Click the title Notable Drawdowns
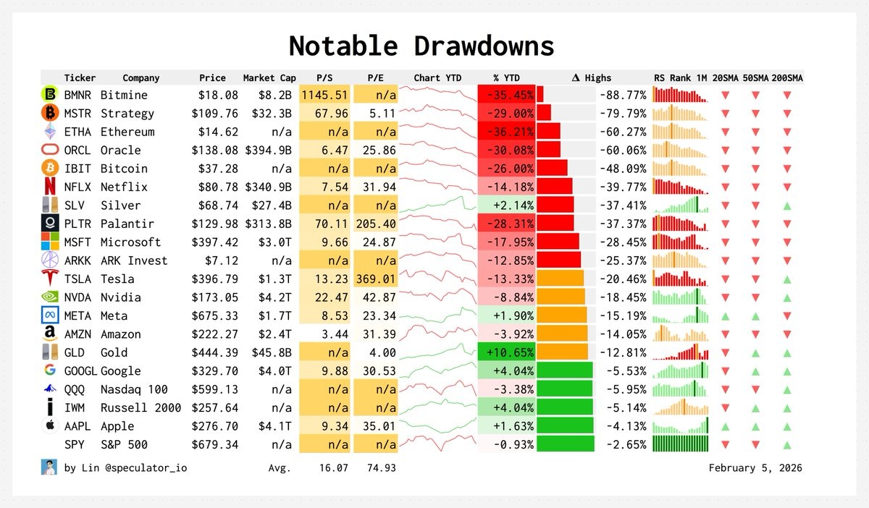pos(421,46)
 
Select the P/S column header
pos(324,77)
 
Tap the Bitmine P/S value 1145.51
pos(325,95)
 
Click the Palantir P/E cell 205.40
pos(377,224)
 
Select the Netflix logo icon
pos(50,187)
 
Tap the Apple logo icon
pos(50,426)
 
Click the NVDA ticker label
pos(77,297)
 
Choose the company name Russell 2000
pos(140,407)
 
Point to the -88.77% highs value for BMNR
pos(623,95)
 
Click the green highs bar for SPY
pos(566,444)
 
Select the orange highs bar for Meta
pos(562,316)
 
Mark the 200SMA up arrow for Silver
pos(787,206)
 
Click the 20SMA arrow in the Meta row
pos(725,316)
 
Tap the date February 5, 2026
pos(755,467)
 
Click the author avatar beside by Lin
pos(49,467)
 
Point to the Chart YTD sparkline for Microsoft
pos(437,242)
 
